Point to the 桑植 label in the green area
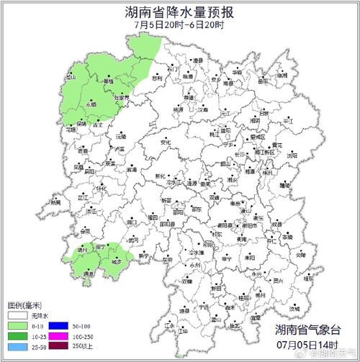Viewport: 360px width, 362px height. (109, 82)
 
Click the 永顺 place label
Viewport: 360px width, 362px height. (91, 105)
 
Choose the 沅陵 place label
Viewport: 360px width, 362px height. (121, 136)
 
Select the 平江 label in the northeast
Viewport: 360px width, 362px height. (288, 122)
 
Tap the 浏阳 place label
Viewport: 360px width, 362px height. (292, 155)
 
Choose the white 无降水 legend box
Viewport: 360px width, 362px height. (15, 315)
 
